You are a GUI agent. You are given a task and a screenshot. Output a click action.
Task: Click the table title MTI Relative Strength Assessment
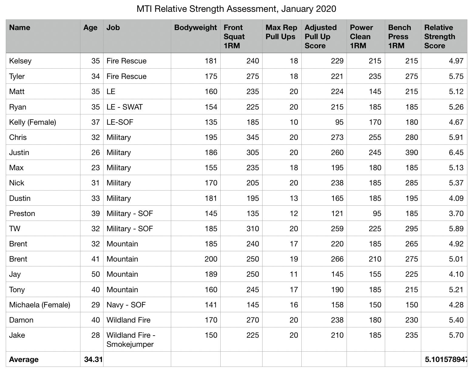(236, 9)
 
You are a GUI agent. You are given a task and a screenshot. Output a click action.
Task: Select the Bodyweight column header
(195, 28)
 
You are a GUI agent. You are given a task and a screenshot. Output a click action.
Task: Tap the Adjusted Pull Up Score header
(321, 36)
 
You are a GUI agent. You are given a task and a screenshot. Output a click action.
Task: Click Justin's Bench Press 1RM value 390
(412, 152)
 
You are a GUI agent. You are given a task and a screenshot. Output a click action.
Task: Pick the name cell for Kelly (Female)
(33, 122)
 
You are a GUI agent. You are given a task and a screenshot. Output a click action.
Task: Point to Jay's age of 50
(96, 274)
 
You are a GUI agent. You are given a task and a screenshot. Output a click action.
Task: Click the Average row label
(24, 360)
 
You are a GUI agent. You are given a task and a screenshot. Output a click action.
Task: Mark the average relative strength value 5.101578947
(446, 360)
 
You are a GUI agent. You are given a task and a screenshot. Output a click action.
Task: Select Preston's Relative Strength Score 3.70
(456, 213)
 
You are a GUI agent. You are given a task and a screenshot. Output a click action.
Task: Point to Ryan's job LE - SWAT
(124, 107)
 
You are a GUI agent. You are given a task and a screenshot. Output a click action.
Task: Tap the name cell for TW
(15, 228)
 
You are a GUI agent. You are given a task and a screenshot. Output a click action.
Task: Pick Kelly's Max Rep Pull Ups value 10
(293, 122)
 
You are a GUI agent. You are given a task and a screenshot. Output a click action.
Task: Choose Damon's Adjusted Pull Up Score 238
(337, 320)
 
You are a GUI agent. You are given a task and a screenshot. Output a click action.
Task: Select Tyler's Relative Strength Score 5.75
(456, 76)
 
